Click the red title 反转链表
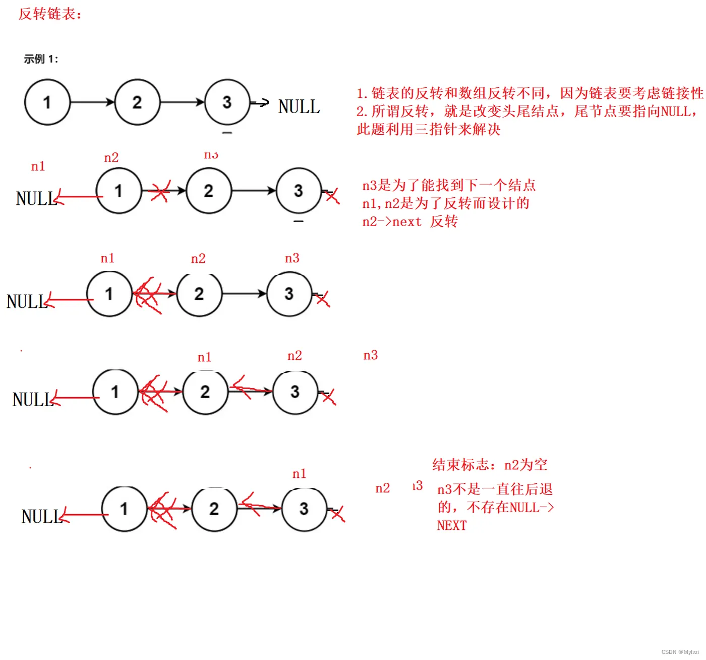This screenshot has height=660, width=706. (50, 14)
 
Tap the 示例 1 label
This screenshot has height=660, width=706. (41, 59)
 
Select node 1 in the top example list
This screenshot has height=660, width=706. (47, 102)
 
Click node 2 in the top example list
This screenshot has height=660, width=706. (137, 102)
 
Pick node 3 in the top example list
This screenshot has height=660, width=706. (227, 102)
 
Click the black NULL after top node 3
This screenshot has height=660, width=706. (299, 107)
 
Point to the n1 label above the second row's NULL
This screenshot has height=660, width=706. (38, 166)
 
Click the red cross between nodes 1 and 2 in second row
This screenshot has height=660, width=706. (160, 192)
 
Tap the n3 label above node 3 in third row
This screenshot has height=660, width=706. (292, 258)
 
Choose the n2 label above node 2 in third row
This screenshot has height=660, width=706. (198, 259)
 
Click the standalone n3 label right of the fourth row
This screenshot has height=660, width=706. (371, 355)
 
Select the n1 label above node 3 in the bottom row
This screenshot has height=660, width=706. (299, 474)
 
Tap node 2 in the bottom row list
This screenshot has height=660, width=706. (214, 509)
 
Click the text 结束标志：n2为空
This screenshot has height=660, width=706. (490, 465)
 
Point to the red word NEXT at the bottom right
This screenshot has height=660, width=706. (452, 526)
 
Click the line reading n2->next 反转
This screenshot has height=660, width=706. (410, 222)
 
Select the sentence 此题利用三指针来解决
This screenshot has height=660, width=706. (429, 129)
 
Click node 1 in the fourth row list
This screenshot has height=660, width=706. (115, 392)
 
